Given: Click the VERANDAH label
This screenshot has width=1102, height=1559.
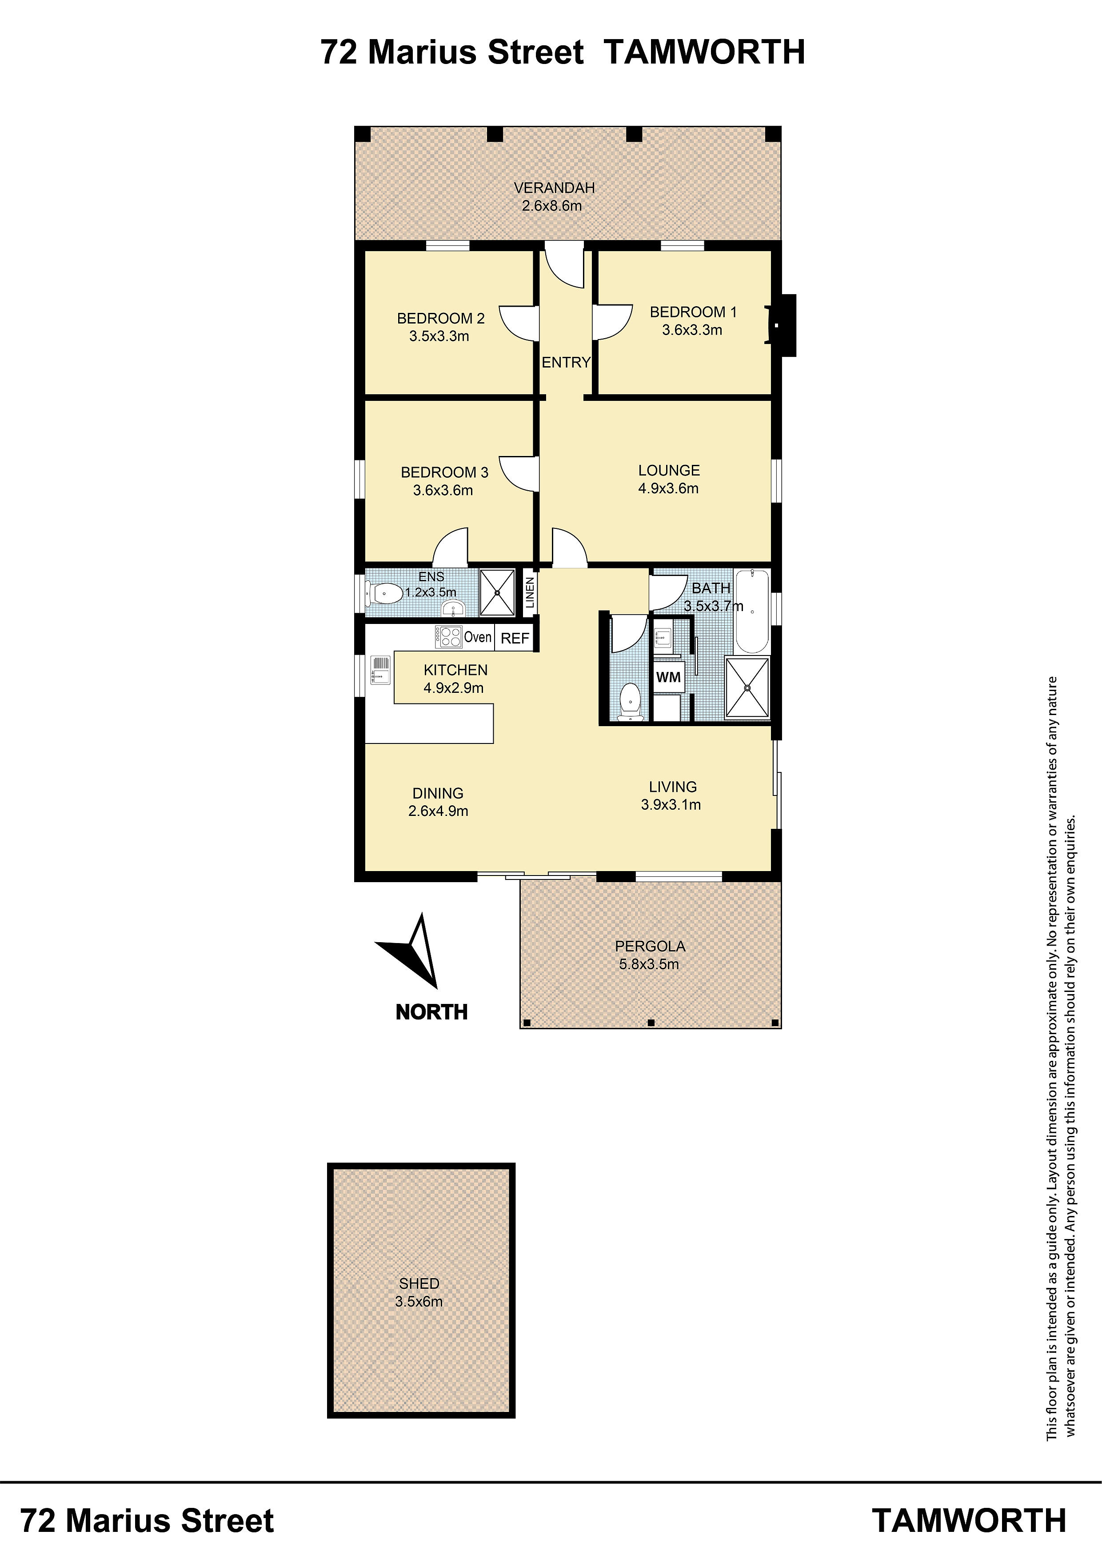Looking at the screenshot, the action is click(x=554, y=188).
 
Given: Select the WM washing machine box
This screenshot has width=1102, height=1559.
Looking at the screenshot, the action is click(x=668, y=676).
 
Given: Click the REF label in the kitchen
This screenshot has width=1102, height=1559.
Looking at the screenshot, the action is click(x=515, y=638).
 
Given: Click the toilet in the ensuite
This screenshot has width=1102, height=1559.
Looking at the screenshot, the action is click(x=383, y=594).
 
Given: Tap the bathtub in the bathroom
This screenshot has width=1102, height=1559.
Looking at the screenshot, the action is click(x=752, y=611).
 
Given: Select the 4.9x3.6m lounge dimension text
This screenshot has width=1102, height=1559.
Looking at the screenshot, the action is click(x=668, y=488).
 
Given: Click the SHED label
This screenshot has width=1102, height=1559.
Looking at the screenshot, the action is click(x=419, y=1283).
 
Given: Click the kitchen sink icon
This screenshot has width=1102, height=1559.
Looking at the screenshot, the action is click(x=380, y=669).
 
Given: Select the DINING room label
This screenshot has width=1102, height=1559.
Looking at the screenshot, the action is click(x=438, y=793).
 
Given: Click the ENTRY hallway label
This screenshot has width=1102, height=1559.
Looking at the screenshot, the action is click(x=566, y=363).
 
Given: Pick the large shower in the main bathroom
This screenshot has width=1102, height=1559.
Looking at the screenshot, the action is click(x=747, y=687).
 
